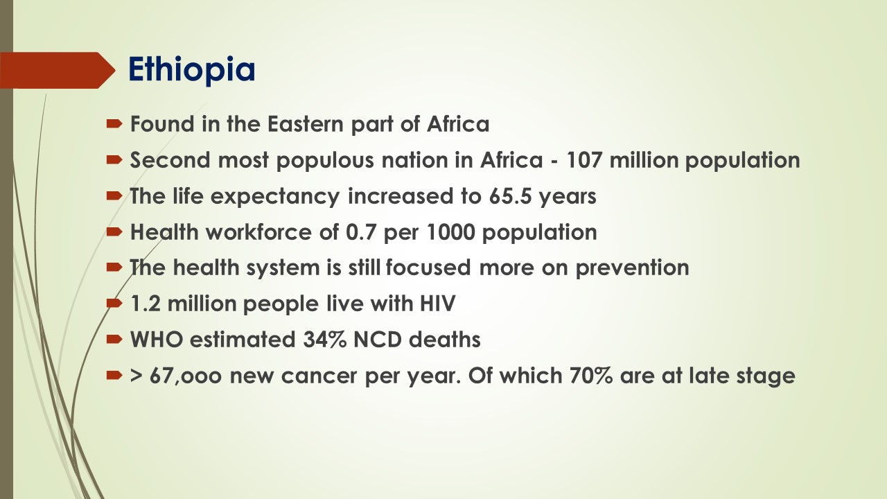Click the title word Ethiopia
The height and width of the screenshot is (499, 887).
(192, 69)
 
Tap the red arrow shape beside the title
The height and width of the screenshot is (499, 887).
(58, 70)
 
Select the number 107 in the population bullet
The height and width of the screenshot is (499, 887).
(583, 160)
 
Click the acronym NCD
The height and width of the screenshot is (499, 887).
(377, 340)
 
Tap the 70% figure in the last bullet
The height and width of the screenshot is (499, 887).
(590, 376)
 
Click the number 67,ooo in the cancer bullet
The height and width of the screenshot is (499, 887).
(185, 376)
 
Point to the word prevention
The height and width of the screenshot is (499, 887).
(632, 268)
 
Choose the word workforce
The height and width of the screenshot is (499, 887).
(258, 231)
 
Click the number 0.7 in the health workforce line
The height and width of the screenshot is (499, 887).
(360, 232)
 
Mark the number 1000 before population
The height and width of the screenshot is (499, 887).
(450, 232)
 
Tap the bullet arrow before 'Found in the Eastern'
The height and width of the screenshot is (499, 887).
(114, 124)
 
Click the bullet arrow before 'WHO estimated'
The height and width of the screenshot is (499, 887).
(114, 340)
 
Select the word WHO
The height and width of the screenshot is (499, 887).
(157, 340)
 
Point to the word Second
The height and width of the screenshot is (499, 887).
(170, 160)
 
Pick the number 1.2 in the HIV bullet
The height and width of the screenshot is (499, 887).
(146, 304)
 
